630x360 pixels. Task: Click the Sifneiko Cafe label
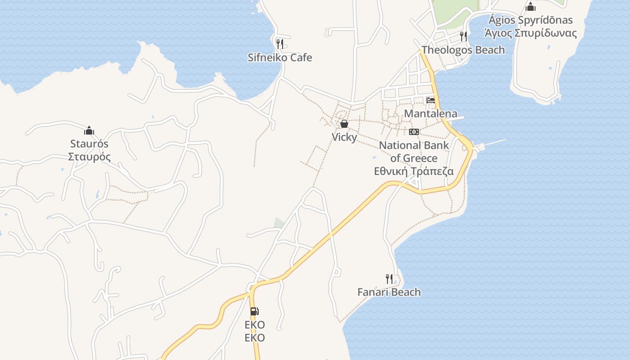(279, 58)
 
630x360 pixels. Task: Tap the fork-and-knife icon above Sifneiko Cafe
(279, 44)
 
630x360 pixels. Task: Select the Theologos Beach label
(463, 50)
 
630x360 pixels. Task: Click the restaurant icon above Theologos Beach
(463, 36)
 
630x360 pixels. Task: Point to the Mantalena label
(430, 113)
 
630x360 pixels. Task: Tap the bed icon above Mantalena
(431, 100)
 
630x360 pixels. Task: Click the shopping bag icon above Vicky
(344, 124)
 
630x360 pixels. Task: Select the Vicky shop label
(344, 137)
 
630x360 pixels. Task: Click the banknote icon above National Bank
(414, 132)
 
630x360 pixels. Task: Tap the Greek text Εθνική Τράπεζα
(414, 171)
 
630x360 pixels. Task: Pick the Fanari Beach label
(389, 292)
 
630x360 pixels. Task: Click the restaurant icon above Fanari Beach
(389, 279)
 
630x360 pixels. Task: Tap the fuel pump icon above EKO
(254, 311)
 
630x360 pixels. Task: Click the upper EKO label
(255, 324)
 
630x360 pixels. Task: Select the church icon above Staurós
(89, 130)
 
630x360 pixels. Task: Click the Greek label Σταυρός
(89, 157)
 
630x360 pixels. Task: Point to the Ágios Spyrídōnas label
(531, 20)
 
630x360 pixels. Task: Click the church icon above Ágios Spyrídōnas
(531, 7)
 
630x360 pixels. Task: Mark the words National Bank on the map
(414, 145)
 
